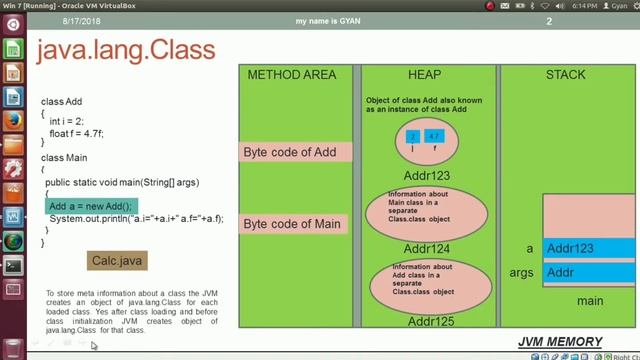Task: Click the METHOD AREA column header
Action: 292,75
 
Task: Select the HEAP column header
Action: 424,75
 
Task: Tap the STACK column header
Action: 565,75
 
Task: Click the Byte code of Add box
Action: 295,152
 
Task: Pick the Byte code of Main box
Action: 295,223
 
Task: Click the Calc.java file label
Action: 118,261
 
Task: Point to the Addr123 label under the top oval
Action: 425,175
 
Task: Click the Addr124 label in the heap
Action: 425,248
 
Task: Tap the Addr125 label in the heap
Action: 425,321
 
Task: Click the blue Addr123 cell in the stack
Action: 588,248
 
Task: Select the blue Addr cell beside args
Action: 588,273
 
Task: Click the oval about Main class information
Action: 425,213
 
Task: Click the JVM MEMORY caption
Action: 560,342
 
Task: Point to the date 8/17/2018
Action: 83,21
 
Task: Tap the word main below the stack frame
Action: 590,301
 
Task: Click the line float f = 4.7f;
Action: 76,133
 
